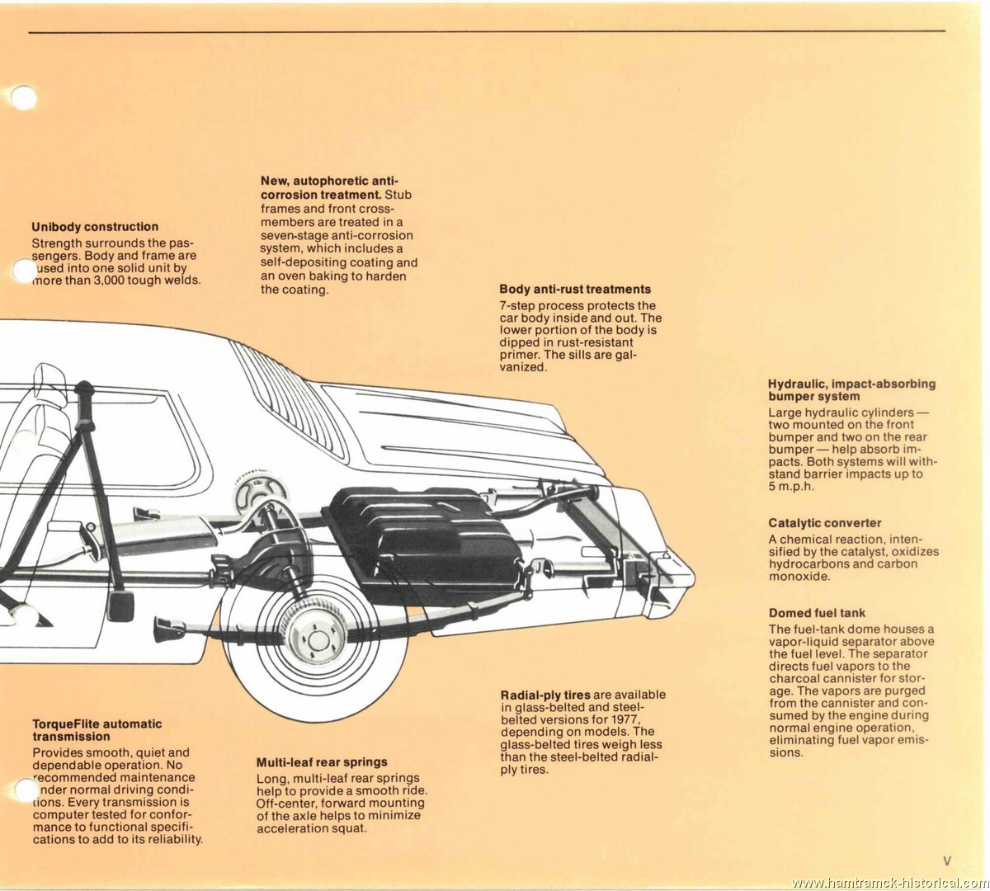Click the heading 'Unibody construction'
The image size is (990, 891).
point(95,227)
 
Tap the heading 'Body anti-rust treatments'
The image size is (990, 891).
point(575,290)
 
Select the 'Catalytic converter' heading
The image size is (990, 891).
point(825,523)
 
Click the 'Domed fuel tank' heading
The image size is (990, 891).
point(817,613)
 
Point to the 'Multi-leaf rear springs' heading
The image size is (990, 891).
point(322,762)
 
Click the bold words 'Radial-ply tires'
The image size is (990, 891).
point(545,695)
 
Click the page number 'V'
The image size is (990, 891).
point(947,860)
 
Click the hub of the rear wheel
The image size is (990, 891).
point(318,641)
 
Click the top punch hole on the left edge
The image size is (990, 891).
point(23,97)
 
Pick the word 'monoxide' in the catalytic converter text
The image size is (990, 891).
point(798,576)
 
